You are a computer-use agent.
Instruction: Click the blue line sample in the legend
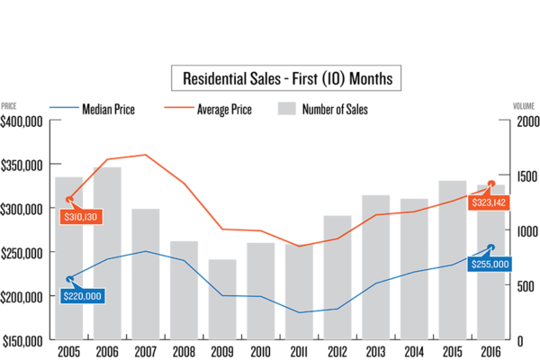64,107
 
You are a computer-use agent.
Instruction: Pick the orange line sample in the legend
179,107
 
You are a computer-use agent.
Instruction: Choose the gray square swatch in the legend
286,108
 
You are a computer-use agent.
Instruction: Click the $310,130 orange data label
80,217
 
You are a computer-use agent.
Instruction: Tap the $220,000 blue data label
83,295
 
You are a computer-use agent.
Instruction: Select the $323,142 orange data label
490,203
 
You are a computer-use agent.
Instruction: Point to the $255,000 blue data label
490,265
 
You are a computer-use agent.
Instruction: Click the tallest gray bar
107,252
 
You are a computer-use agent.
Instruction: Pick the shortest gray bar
222,299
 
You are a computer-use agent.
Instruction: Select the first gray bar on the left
68,257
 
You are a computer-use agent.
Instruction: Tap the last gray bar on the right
491,261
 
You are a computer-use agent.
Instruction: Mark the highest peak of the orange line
145,155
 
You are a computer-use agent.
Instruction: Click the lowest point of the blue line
300,312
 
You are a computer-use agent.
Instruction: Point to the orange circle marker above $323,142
491,184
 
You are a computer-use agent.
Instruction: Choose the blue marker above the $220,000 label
69,279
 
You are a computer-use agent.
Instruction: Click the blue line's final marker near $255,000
491,247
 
